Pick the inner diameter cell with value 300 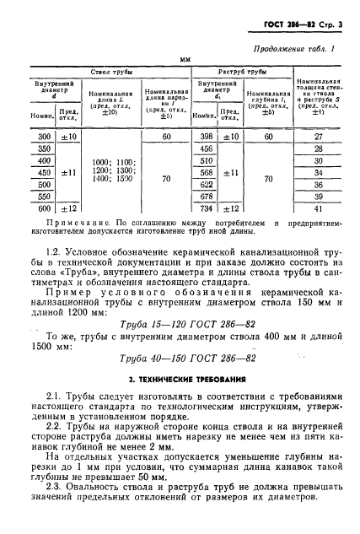click(x=39, y=136)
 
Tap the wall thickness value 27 click(x=318, y=136)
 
